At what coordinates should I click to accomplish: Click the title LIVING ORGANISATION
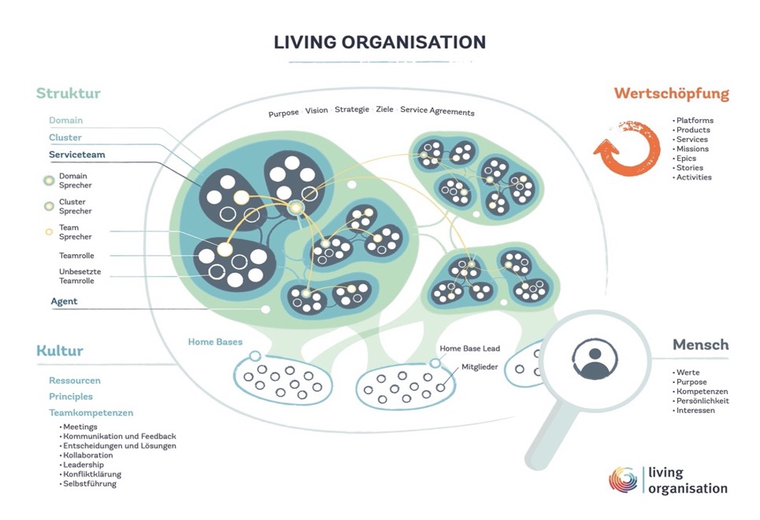pos(380,42)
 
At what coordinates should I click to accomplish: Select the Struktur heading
pos(69,94)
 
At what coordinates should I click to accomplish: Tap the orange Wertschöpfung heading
pos(672,94)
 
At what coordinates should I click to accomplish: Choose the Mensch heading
pos(701,345)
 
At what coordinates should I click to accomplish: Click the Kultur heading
pos(60,351)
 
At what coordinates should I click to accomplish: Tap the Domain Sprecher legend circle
pos(49,180)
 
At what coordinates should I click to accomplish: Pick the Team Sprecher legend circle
pos(49,231)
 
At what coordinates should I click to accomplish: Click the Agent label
pos(64,301)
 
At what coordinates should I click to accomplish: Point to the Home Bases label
pos(216,342)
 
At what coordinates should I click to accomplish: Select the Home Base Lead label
pos(470,349)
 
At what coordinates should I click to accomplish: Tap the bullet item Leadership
pos(83,465)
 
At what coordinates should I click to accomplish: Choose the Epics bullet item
pos(686,159)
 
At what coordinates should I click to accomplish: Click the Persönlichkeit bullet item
pos(703,401)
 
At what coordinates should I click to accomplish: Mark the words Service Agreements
pos(437,111)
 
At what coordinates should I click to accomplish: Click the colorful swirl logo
pos(623,480)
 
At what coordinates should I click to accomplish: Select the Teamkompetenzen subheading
pos(91,413)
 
